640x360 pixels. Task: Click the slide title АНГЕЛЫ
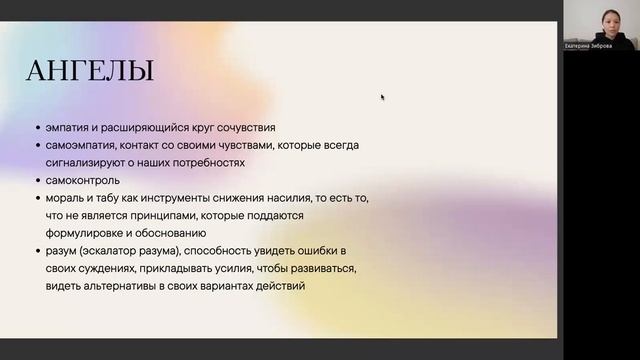[x=90, y=72]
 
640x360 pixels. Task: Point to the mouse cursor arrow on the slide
[x=382, y=97]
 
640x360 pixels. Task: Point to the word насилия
[x=278, y=198]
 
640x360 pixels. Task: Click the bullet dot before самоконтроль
[x=36, y=181]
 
